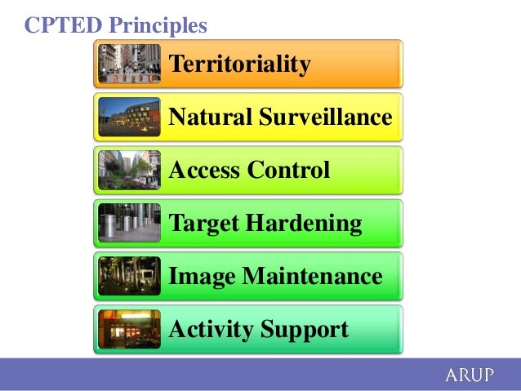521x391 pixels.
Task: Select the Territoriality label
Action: point(239,64)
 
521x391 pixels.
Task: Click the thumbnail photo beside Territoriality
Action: point(129,64)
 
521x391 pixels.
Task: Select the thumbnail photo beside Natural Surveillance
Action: point(129,117)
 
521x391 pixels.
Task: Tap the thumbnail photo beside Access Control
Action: point(129,170)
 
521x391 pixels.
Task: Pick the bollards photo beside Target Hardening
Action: point(129,223)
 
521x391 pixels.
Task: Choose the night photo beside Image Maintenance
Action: point(129,276)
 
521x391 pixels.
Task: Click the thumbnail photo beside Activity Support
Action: point(129,329)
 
